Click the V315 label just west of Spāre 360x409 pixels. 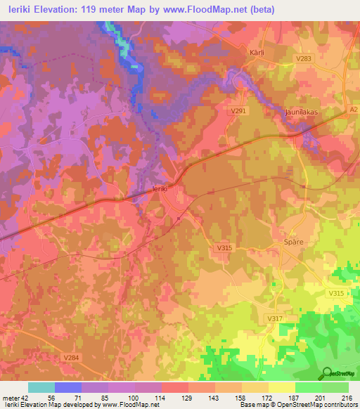[224, 248]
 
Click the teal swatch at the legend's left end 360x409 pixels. [41, 387]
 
